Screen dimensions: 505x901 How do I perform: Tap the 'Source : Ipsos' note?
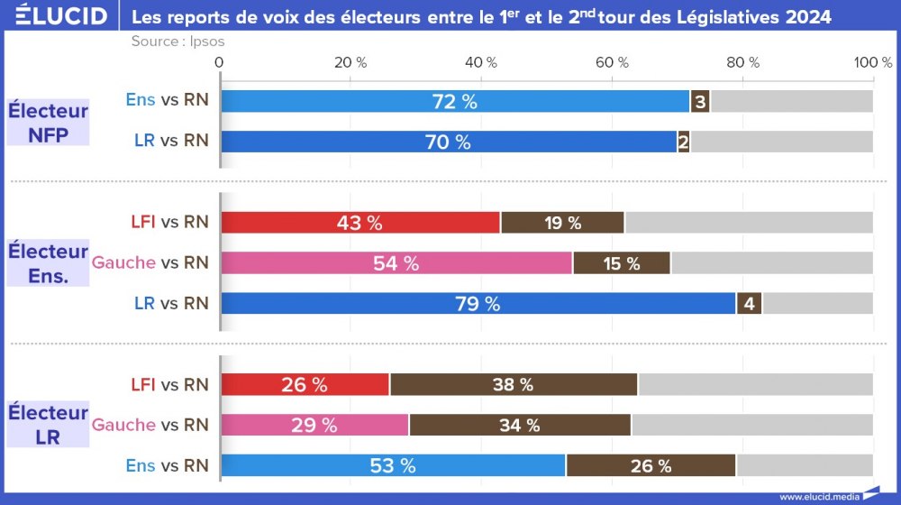click(x=177, y=41)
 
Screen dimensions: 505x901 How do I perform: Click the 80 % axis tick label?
click(x=743, y=62)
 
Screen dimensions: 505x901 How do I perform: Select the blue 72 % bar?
click(x=455, y=101)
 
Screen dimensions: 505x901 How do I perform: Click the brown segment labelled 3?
click(x=700, y=101)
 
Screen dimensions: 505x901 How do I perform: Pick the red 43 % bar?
click(x=360, y=223)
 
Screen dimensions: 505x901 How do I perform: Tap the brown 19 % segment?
click(x=562, y=223)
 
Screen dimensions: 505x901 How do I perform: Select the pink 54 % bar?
click(x=396, y=263)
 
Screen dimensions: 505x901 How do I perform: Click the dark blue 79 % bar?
click(x=478, y=304)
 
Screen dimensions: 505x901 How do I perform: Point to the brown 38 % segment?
click(x=514, y=384)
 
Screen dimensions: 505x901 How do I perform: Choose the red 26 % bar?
click(x=305, y=384)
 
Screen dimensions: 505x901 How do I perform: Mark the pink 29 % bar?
click(x=314, y=425)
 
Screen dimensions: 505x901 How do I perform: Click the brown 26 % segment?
click(x=651, y=465)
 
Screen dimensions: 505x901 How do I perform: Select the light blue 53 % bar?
click(x=393, y=465)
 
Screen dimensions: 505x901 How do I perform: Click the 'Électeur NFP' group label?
click(x=48, y=122)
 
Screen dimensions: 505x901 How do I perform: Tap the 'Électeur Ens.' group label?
click(x=48, y=262)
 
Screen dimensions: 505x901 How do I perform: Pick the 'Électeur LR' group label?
click(x=48, y=424)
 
